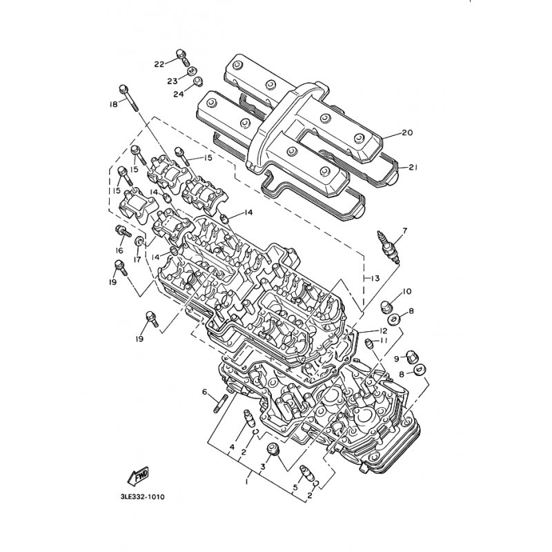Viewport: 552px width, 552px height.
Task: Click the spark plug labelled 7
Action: click(x=388, y=247)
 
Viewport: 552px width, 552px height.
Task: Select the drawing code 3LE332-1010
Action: click(x=142, y=497)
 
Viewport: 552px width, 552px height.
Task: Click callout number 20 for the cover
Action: click(x=407, y=132)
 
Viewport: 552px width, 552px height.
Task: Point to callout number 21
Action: click(x=412, y=168)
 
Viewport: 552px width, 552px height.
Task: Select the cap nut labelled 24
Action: click(x=198, y=81)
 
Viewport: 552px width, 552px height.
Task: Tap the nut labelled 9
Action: click(x=411, y=357)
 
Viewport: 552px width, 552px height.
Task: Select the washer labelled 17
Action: click(x=140, y=241)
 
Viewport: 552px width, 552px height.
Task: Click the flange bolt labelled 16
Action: click(x=123, y=231)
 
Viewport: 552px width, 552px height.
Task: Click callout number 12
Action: click(x=383, y=331)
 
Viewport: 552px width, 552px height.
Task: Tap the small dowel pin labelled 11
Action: click(x=369, y=344)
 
